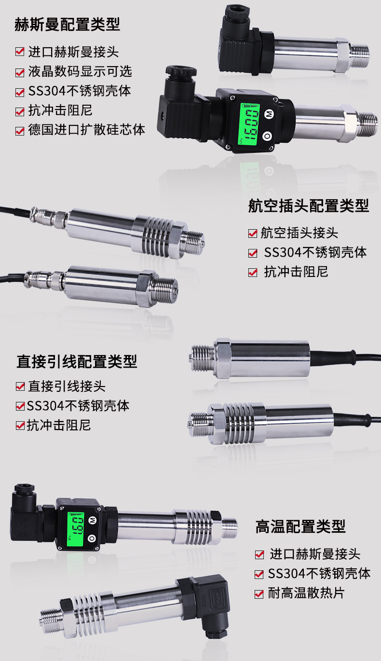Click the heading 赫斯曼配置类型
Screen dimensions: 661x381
click(x=67, y=25)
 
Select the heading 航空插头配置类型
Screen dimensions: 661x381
click(x=309, y=206)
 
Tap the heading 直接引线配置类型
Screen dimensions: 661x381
click(x=77, y=361)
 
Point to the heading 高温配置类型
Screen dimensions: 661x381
click(x=300, y=526)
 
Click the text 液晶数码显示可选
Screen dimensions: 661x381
click(x=80, y=72)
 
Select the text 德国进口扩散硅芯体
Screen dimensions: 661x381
click(x=86, y=130)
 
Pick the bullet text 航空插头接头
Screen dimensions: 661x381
click(x=299, y=233)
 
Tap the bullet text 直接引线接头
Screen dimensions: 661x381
click(x=67, y=386)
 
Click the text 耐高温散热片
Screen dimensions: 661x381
click(x=306, y=593)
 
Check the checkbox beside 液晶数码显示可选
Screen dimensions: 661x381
click(x=20, y=73)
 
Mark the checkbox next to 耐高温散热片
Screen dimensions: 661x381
click(x=259, y=594)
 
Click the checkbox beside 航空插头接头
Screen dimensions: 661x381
click(x=253, y=234)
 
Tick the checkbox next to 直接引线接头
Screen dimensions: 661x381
click(x=20, y=386)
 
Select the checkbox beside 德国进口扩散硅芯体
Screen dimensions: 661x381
click(x=20, y=131)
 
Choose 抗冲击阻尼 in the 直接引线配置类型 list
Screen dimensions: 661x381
click(x=59, y=425)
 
